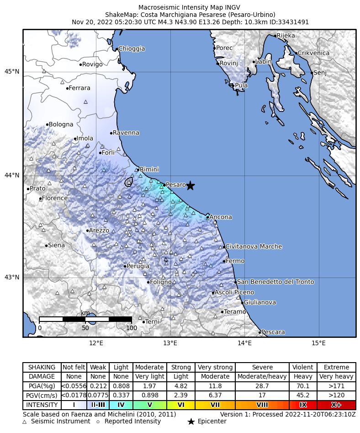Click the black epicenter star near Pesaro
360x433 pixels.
pos(191,186)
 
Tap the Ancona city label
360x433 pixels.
pos(221,217)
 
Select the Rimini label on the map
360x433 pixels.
pos(149,169)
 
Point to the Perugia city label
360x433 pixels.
pos(138,266)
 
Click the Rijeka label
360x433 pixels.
pos(286,36)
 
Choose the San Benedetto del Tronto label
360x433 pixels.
pos(275,282)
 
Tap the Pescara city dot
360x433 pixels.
pos(260,332)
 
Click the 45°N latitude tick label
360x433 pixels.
pos(12,72)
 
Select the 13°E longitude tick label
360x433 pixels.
pos(170,343)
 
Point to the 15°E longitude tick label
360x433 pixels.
pos(318,343)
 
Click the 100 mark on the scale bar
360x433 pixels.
pos(132,328)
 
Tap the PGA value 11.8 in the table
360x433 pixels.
pos(215,386)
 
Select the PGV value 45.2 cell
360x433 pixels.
pos(303,396)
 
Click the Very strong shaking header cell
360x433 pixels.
pos(215,367)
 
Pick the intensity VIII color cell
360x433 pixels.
pos(262,405)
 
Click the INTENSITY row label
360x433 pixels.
pos(42,405)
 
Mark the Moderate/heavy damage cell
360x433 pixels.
pos(262,377)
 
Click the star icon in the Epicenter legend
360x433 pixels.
pos(191,422)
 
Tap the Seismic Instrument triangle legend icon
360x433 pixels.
pos(25,422)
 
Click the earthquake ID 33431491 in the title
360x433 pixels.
pos(294,22)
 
